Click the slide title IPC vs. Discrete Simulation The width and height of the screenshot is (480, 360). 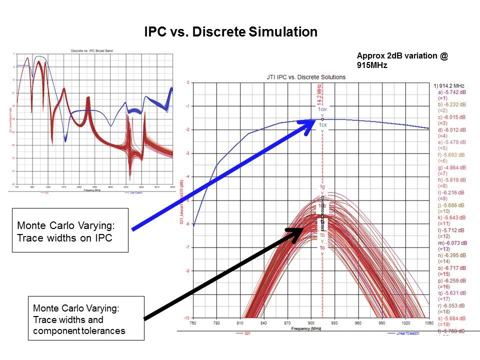pyautogui.click(x=230, y=32)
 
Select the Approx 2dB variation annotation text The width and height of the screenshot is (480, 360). pyautogui.click(x=402, y=60)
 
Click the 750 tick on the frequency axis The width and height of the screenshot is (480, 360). pyautogui.click(x=193, y=323)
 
